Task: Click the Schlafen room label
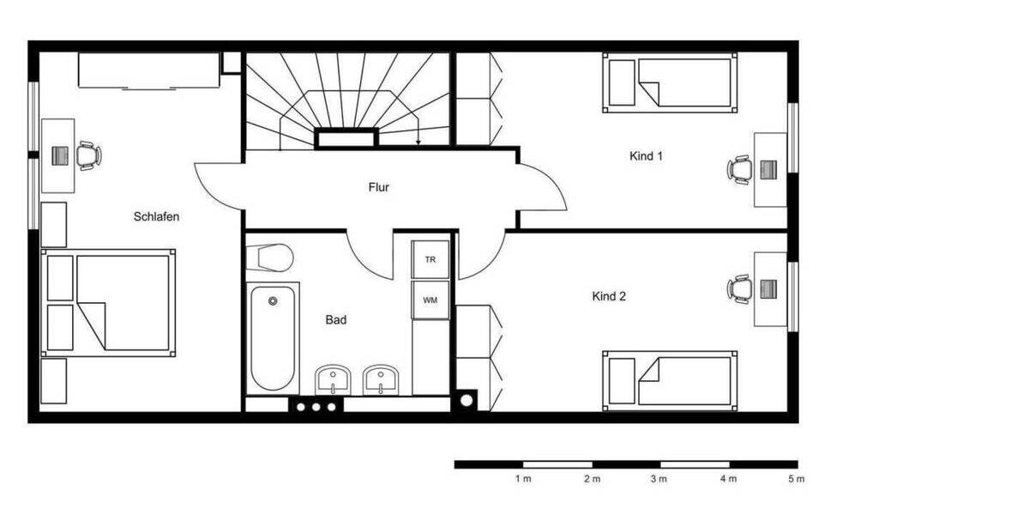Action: pyautogui.click(x=156, y=216)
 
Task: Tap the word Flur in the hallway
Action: pyautogui.click(x=378, y=187)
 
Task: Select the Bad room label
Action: pyautogui.click(x=336, y=319)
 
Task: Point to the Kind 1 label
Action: pyautogui.click(x=646, y=156)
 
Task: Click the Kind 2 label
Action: pyautogui.click(x=609, y=297)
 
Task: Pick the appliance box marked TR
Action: pyautogui.click(x=430, y=259)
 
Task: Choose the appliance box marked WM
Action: pyautogui.click(x=430, y=300)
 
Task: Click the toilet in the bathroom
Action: pyautogui.click(x=269, y=258)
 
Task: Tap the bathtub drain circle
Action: pyautogui.click(x=273, y=301)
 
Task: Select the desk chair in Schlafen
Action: pyautogui.click(x=88, y=155)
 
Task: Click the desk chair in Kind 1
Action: pyautogui.click(x=740, y=170)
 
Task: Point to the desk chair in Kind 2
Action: pyautogui.click(x=740, y=289)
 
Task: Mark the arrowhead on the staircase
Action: pyautogui.click(x=418, y=142)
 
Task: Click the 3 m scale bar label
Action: pyautogui.click(x=659, y=479)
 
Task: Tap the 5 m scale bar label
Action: pyautogui.click(x=797, y=479)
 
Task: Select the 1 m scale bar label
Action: pyautogui.click(x=523, y=479)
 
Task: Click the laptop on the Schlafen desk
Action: pyautogui.click(x=60, y=156)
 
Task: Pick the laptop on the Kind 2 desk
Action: pyautogui.click(x=768, y=289)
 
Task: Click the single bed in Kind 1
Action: pyautogui.click(x=670, y=82)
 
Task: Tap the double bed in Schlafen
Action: pyautogui.click(x=108, y=303)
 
